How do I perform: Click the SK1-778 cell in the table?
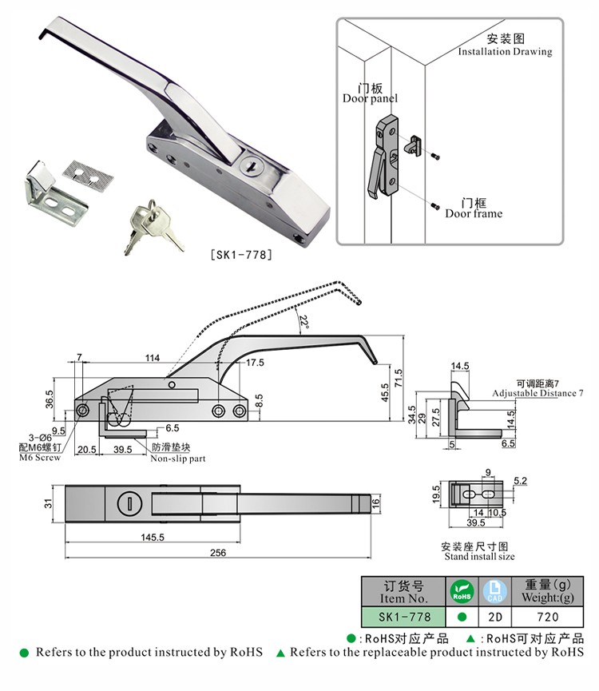[403, 617]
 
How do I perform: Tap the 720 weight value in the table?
[547, 617]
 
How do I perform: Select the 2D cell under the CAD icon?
[495, 617]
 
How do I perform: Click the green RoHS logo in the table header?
[462, 591]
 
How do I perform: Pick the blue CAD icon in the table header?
[494, 591]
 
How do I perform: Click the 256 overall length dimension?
[218, 553]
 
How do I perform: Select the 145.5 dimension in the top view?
[153, 537]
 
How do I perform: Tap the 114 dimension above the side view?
[153, 358]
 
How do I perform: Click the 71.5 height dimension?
[399, 379]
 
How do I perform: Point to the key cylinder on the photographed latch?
[252, 165]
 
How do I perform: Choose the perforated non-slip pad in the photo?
[88, 176]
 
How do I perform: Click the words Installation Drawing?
[505, 52]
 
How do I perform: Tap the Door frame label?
[474, 214]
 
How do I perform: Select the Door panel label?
[370, 98]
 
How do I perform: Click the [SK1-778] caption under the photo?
[241, 255]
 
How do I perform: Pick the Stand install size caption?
[479, 557]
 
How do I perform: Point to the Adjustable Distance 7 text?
[538, 393]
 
